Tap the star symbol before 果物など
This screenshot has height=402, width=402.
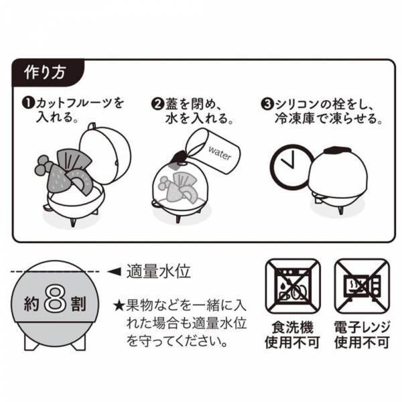tap(119, 306)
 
